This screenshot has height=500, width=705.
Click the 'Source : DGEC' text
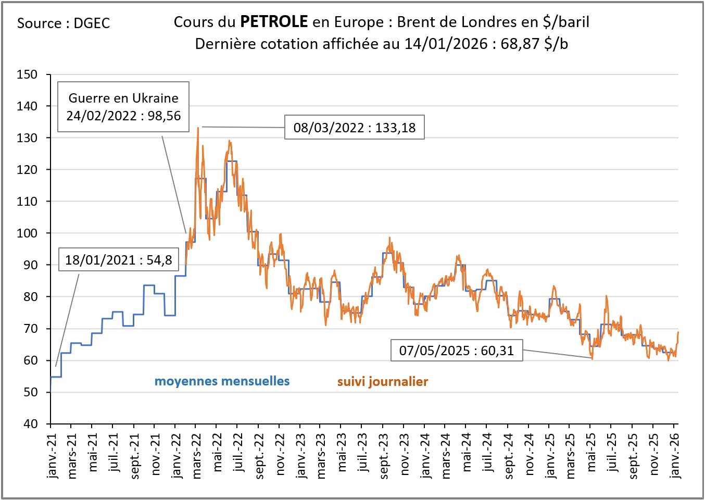pyautogui.click(x=64, y=23)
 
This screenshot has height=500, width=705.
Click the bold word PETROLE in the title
pyautogui.click(x=274, y=22)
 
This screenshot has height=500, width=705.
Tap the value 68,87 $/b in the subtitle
pyautogui.click(x=534, y=44)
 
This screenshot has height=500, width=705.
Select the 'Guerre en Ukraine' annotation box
pyautogui.click(x=123, y=107)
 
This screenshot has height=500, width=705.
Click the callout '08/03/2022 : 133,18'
pyautogui.click(x=355, y=128)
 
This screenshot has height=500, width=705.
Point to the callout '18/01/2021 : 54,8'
pyautogui.click(x=119, y=260)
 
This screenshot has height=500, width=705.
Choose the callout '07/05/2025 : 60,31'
pyautogui.click(x=457, y=351)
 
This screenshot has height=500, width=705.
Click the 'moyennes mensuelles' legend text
pyautogui.click(x=222, y=381)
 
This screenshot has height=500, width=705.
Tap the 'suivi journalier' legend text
pyautogui.click(x=383, y=382)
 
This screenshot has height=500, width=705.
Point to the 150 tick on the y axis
pyautogui.click(x=27, y=74)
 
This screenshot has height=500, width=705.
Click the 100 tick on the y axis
pyautogui.click(x=27, y=233)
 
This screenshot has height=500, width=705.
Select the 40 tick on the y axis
pyautogui.click(x=30, y=424)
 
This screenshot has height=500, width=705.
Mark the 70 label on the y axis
pyautogui.click(x=30, y=329)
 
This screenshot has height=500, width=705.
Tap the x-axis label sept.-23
pyautogui.click(x=384, y=455)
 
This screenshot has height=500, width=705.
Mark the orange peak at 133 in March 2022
pyautogui.click(x=198, y=128)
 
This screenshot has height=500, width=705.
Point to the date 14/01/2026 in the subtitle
pyautogui.click(x=446, y=44)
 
